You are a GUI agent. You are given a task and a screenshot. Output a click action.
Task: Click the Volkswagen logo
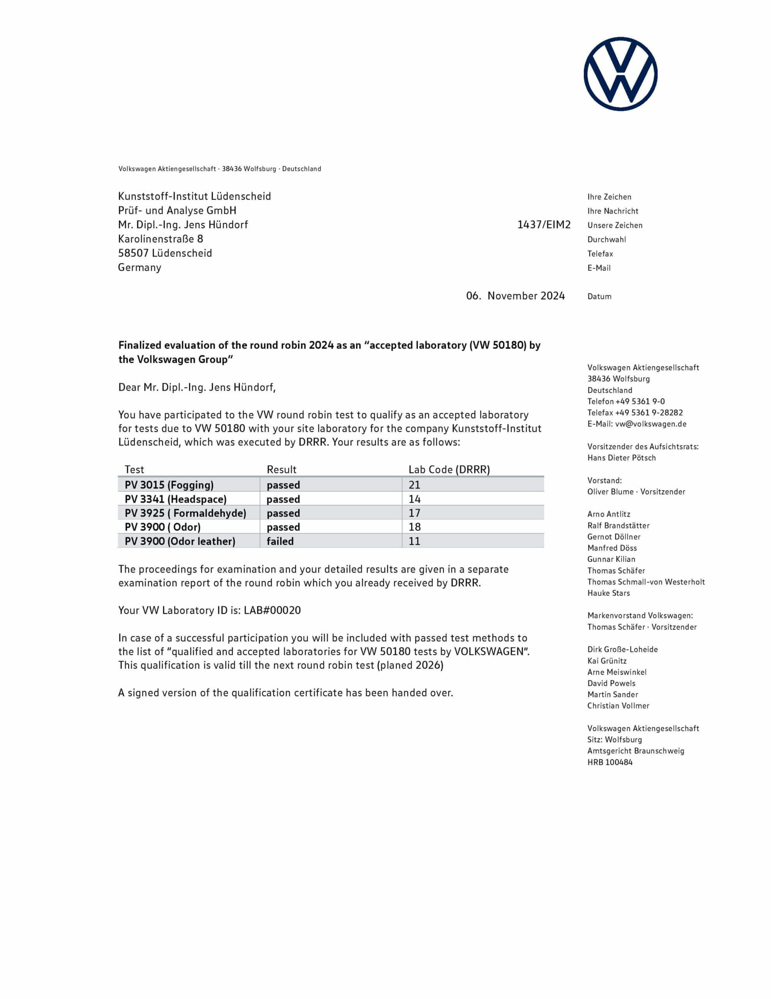pos(620,74)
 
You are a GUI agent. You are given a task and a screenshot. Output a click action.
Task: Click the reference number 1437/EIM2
pos(543,225)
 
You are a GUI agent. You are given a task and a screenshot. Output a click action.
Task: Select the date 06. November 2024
pos(515,296)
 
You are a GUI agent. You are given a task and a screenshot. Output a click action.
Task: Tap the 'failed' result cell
pos(280,541)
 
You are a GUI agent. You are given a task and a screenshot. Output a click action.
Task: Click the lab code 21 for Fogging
pos(414,485)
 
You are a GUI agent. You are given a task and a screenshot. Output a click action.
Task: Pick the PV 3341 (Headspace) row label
pos(175,499)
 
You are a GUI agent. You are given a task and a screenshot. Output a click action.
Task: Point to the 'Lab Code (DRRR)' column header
pos(449,470)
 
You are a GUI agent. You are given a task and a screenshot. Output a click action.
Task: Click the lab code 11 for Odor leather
pos(414,541)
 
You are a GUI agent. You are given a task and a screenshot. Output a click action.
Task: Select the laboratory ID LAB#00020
pos(272,610)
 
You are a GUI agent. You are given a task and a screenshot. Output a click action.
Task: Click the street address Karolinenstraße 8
pos(161,239)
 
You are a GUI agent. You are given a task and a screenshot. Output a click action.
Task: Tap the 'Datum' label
pos(599,297)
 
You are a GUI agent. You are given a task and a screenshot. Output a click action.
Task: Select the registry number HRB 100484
pos(610,762)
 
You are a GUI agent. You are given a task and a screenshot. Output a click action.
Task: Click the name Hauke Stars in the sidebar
pos(608,593)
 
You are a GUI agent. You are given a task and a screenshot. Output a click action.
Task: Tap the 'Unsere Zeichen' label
pos(615,225)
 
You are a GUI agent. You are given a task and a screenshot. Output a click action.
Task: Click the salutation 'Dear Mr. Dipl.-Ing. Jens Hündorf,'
pos(197,388)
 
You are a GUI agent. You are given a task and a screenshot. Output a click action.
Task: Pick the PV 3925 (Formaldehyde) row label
pos(185,513)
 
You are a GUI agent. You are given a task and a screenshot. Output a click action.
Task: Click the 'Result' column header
pos(281,470)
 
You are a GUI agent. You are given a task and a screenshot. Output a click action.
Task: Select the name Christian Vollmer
pos(618,706)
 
